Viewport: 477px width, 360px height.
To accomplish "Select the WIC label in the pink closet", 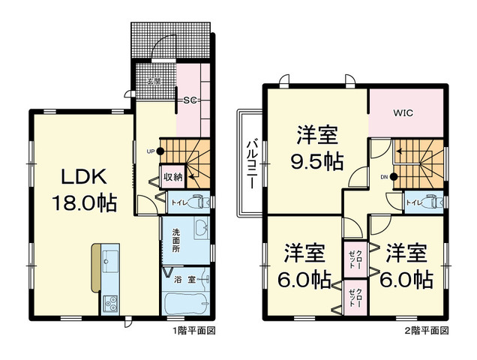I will tap(404, 113).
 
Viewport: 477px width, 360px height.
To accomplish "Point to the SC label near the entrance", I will tap(189, 97).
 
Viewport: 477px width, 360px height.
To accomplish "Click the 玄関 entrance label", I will tap(154, 80).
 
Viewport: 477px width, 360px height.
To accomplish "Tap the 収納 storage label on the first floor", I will tap(172, 178).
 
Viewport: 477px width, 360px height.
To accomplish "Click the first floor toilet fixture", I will tap(197, 201).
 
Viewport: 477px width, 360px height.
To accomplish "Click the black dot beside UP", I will tap(159, 151).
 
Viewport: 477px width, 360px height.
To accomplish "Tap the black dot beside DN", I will tap(394, 177).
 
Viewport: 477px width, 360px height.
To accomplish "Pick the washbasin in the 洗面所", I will tap(199, 228).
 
